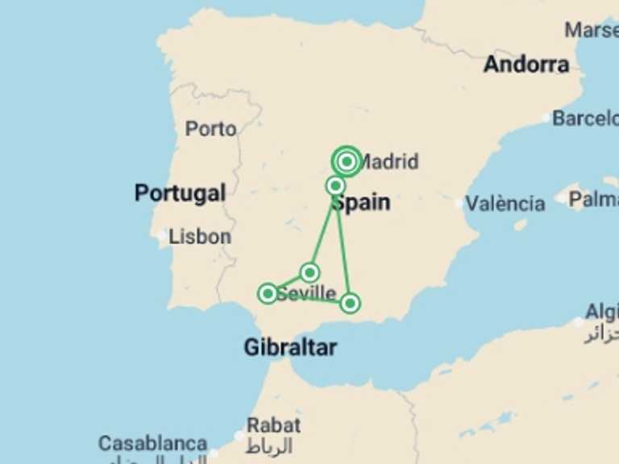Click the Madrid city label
click(389, 162)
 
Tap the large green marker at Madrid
click(347, 162)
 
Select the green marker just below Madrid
click(336, 186)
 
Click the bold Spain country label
click(361, 203)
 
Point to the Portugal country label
click(180, 193)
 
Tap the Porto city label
click(210, 129)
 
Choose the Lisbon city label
click(200, 237)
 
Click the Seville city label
click(307, 294)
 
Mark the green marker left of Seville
click(268, 293)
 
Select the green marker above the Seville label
click(309, 272)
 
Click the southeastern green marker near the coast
click(350, 303)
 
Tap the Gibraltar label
click(290, 348)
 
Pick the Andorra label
click(526, 64)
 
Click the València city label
click(505, 204)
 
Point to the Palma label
click(593, 198)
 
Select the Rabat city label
click(274, 425)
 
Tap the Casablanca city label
click(153, 444)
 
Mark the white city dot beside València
click(460, 204)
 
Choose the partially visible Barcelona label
click(584, 118)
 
